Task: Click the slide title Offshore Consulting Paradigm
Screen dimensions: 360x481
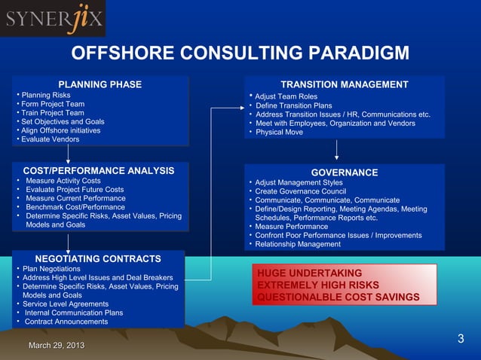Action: click(x=240, y=53)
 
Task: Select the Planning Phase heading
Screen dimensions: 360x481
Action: click(x=100, y=84)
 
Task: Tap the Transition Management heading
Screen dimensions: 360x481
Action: click(x=344, y=84)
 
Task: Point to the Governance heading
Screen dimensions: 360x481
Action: click(x=345, y=172)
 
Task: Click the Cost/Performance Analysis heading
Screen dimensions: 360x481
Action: click(x=99, y=170)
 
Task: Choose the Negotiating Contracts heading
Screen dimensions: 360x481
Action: click(x=99, y=258)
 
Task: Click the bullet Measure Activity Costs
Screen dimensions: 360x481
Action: click(x=63, y=181)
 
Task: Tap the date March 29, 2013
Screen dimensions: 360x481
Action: click(x=56, y=345)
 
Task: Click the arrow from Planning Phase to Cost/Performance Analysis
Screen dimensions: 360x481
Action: click(x=69, y=154)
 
